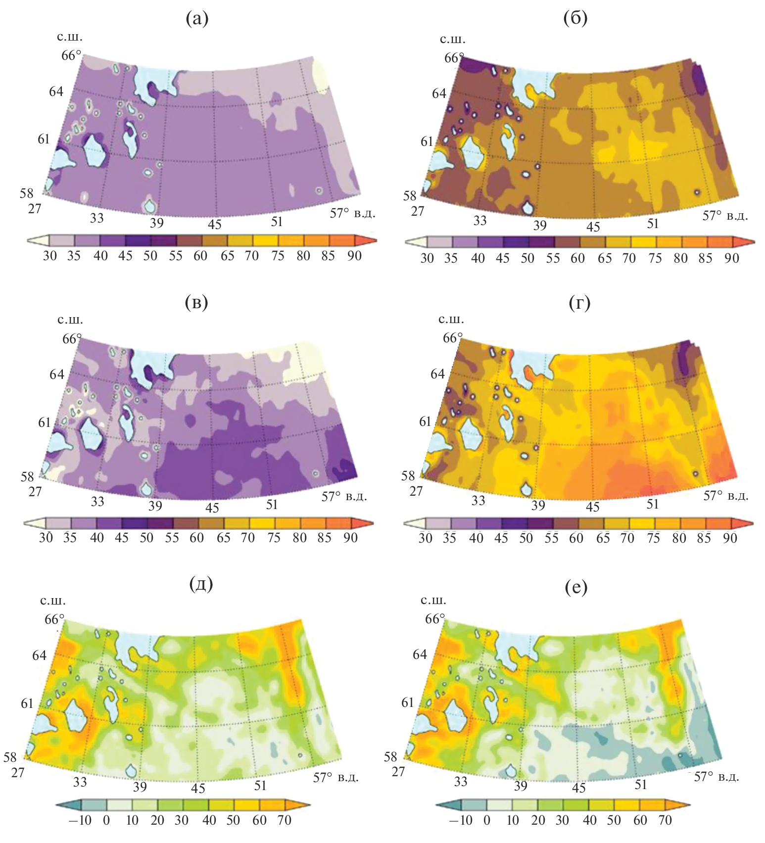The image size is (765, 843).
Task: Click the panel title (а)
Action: pos(197,19)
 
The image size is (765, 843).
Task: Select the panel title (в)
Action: pos(196,302)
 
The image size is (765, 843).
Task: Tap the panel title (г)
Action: pos(579,302)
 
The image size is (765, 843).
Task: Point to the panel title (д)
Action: pos(201,584)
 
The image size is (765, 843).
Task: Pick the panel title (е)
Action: pos(576,587)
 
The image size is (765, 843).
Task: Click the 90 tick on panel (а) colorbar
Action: pos(354,256)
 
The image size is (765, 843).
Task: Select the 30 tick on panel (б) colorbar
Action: pos(427,258)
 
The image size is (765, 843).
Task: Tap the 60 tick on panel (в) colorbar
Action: pos(197,538)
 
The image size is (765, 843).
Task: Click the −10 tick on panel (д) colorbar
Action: pos(80,820)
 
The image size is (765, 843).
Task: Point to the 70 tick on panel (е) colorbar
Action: pos(665,820)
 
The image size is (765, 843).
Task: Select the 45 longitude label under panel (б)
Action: pos(593,227)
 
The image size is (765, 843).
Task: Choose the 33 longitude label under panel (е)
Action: pos(461,782)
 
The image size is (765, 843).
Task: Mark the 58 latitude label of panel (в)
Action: pos(27,477)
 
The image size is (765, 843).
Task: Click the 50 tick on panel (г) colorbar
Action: pos(526,538)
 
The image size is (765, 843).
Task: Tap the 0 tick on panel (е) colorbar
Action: pos(487,820)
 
